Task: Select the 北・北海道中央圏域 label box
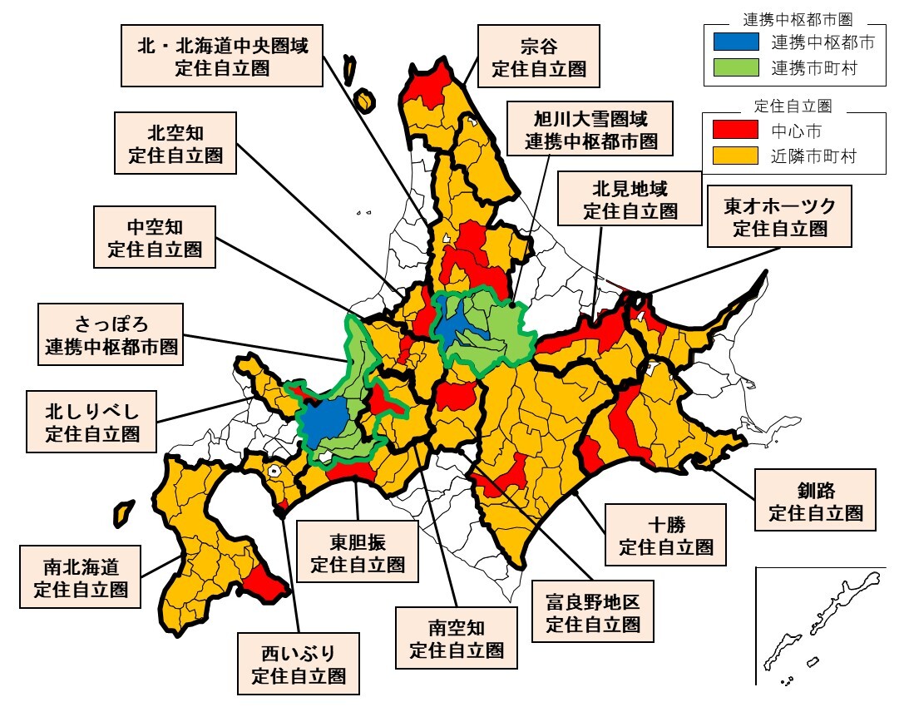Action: click(222, 55)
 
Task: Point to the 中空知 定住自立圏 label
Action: click(155, 237)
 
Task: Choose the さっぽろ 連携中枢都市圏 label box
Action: click(111, 334)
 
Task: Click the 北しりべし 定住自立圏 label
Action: click(91, 420)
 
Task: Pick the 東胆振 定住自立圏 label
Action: click(358, 552)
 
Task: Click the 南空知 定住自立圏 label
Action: click(457, 637)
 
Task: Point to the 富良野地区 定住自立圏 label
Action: click(592, 612)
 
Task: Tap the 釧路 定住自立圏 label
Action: click(816, 500)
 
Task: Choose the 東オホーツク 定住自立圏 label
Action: click(779, 216)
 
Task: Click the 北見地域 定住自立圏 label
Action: click(630, 198)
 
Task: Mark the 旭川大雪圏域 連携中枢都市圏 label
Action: click(590, 129)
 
